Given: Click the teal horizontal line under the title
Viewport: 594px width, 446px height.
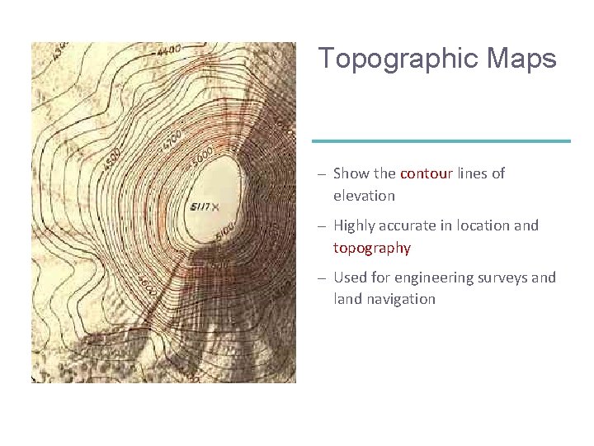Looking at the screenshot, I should click(441, 141).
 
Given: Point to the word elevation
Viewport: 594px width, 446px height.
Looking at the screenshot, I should click(364, 196).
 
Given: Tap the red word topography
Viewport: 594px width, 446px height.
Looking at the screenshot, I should click(371, 248).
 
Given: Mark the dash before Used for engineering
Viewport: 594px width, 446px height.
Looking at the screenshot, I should click(322, 278).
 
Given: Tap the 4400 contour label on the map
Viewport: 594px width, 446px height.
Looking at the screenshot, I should click(168, 51).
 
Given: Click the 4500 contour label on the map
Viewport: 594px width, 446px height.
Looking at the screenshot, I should click(114, 159).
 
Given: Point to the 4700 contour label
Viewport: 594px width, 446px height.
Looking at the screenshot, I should click(172, 139).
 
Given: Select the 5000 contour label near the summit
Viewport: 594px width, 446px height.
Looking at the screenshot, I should click(204, 154).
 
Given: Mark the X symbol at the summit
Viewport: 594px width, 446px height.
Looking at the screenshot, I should click(215, 206).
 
